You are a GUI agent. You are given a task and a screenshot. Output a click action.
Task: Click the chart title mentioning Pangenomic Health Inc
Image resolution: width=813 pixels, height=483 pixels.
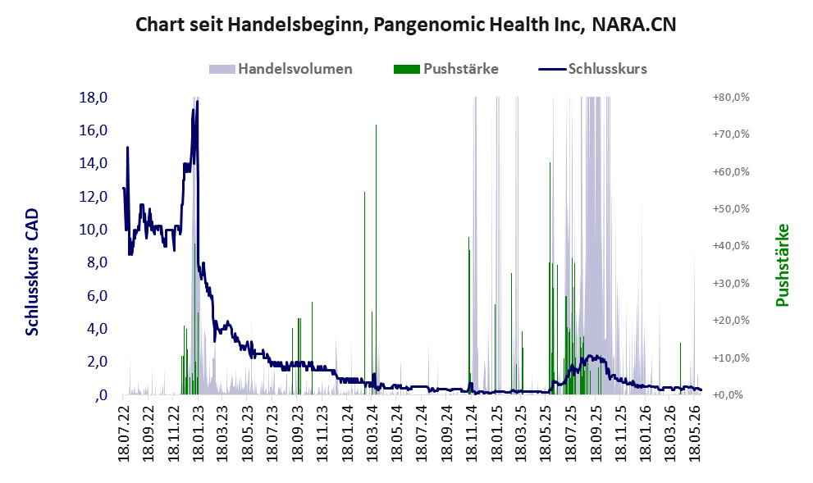tap(406, 25)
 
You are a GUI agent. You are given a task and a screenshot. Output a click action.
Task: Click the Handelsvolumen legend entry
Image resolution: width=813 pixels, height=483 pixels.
tap(281, 69)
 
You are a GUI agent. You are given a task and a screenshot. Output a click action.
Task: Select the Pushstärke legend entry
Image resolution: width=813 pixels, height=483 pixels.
tap(446, 69)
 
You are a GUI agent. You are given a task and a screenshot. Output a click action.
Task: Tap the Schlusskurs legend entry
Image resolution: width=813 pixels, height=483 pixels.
tap(593, 69)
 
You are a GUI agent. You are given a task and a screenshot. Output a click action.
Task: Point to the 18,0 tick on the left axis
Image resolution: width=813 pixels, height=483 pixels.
tap(94, 98)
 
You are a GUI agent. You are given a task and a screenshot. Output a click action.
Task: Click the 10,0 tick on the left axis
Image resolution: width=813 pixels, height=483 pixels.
tap(94, 230)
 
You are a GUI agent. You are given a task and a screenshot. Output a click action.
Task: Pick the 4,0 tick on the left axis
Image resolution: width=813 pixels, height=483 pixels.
tap(97, 329)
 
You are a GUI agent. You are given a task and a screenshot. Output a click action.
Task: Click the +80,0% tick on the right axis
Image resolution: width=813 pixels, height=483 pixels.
tap(731, 98)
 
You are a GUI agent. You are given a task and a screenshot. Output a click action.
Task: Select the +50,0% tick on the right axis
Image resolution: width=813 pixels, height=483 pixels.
tap(731, 209)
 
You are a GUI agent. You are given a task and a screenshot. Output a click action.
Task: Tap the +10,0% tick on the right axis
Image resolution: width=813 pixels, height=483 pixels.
tap(731, 358)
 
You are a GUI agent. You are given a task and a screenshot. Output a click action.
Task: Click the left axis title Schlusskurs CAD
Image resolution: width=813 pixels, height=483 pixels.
tap(32, 271)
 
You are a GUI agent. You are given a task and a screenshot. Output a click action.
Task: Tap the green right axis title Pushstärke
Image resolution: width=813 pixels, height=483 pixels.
tap(783, 265)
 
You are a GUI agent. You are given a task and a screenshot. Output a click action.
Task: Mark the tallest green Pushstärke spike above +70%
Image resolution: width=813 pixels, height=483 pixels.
tap(376, 260)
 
